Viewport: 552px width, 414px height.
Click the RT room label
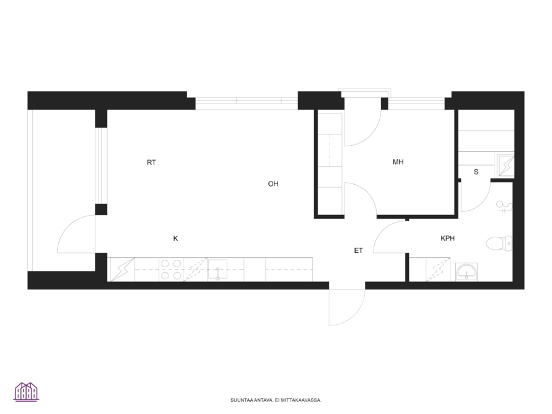point(151,162)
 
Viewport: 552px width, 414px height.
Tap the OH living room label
point(273,184)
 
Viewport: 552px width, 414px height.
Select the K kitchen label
point(176,239)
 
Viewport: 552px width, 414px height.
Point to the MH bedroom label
point(398,162)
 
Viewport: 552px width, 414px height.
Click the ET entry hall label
point(358,250)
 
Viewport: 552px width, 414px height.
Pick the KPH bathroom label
point(448,239)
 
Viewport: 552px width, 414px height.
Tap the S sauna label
point(476,172)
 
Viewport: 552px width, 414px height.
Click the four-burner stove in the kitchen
point(171,270)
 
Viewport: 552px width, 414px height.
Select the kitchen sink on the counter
point(217,270)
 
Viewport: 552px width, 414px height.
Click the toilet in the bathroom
point(499,244)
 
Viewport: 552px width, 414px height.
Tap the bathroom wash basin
point(467,272)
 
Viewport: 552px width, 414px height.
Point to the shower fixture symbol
point(504,206)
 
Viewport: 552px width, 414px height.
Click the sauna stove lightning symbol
point(506,165)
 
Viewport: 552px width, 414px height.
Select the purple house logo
point(27,392)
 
